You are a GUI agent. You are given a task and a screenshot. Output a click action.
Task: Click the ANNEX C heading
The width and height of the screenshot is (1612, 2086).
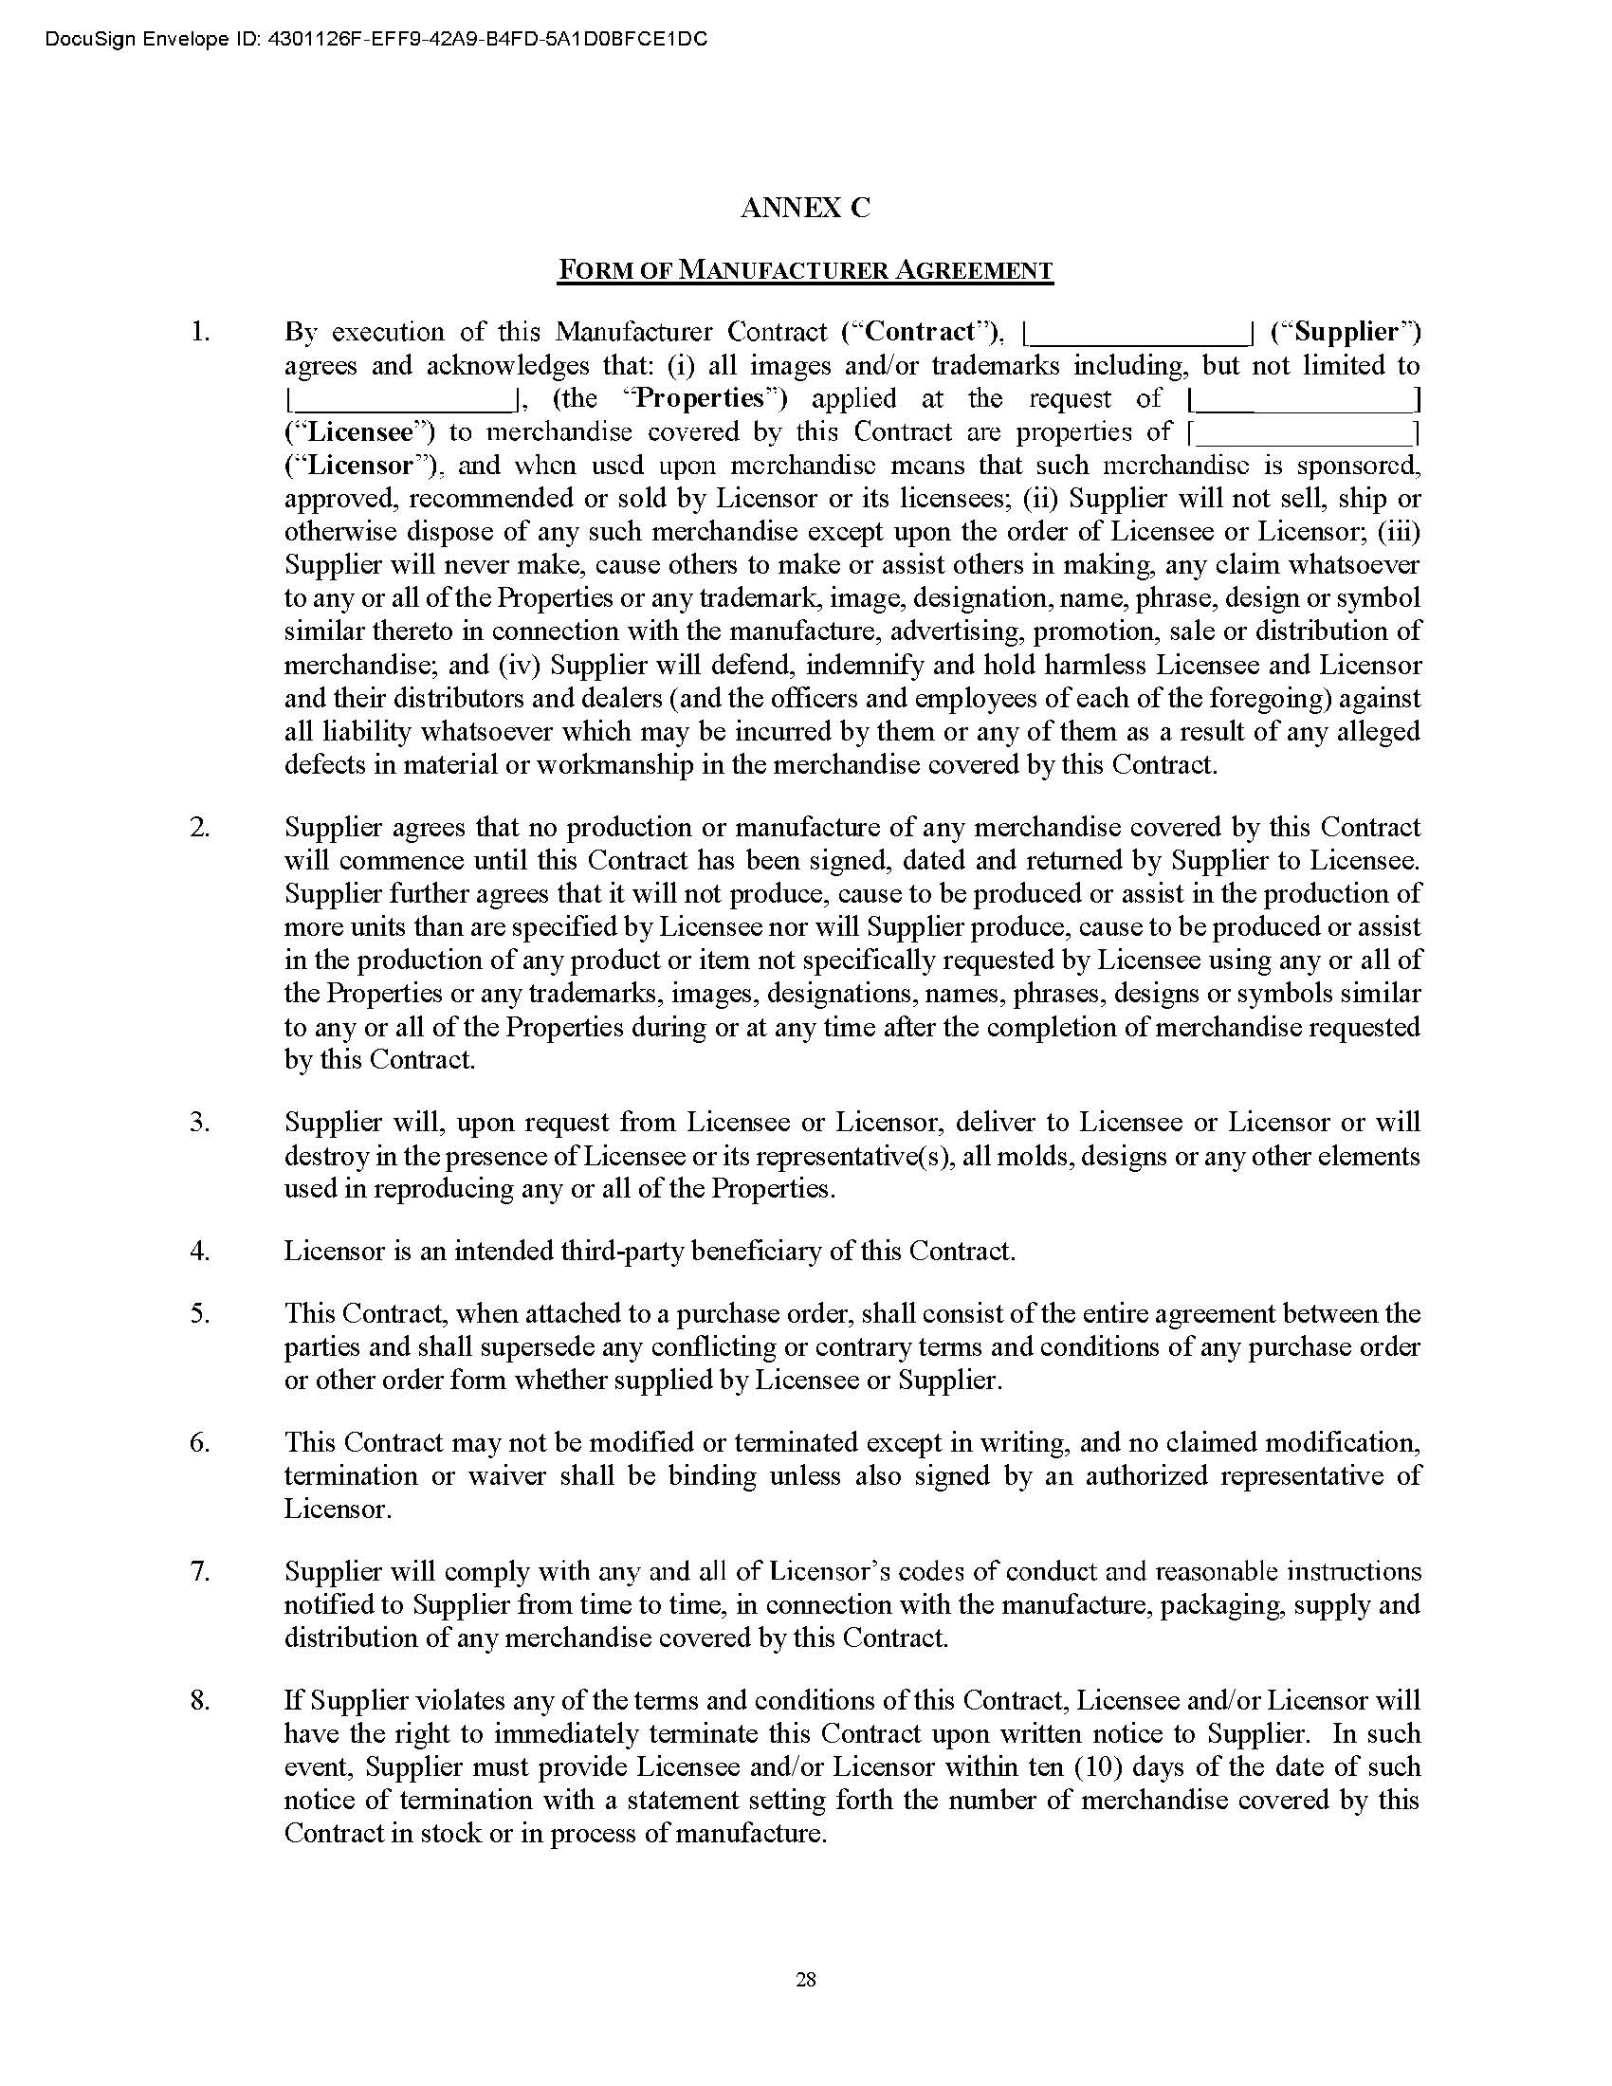[x=805, y=209]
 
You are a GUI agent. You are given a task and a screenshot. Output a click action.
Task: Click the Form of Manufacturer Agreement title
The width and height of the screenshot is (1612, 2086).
[x=805, y=270]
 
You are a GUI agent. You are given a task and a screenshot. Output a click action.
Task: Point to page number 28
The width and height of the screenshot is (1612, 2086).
[x=805, y=1979]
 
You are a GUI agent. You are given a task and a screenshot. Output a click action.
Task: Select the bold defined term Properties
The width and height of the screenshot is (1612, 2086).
[x=707, y=398]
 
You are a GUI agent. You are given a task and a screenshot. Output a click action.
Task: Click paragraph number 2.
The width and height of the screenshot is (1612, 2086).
[x=199, y=827]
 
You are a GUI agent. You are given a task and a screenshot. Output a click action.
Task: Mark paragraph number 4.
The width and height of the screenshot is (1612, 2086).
[x=199, y=1251]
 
